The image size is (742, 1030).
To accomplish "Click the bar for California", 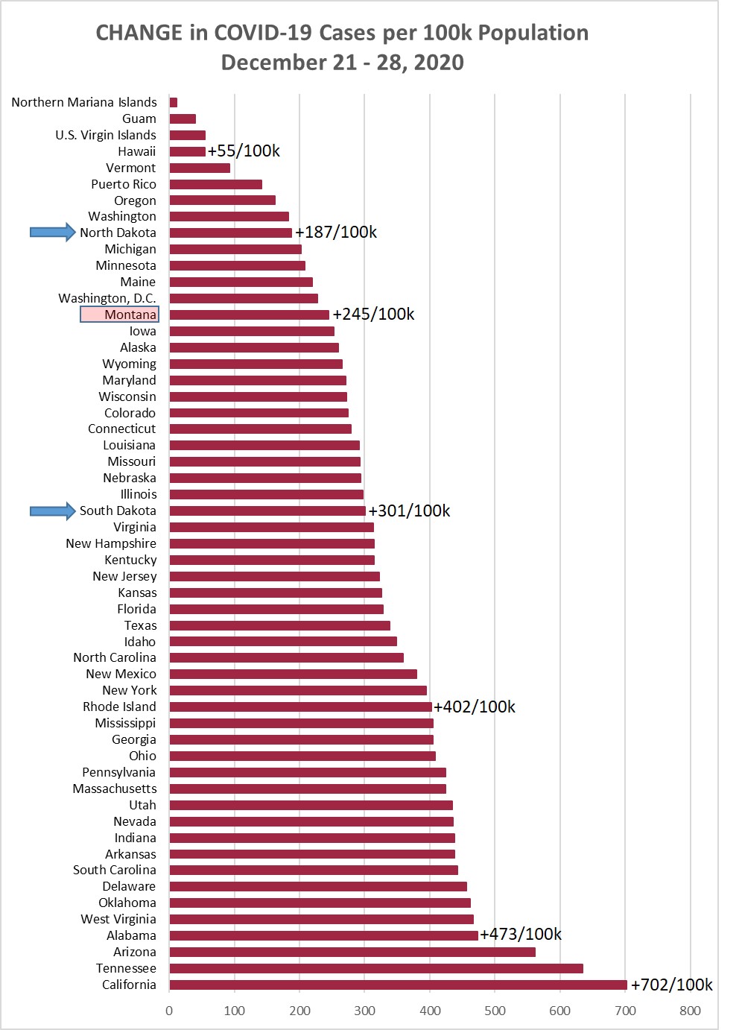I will pyautogui.click(x=398, y=985).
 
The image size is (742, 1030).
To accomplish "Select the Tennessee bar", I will pyautogui.click(x=376, y=968).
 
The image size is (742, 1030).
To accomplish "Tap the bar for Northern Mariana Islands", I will pyautogui.click(x=174, y=102).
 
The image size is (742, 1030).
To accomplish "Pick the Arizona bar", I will pyautogui.click(x=352, y=952).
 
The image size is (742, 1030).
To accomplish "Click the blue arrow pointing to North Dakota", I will pyautogui.click(x=52, y=233).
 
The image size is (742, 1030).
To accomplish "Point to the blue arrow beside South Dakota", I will pyautogui.click(x=52, y=511).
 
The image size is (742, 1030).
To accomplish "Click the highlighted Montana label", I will pyautogui.click(x=120, y=315).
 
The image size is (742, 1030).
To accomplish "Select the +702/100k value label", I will pyautogui.click(x=671, y=985).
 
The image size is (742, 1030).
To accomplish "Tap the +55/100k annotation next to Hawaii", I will pyautogui.click(x=244, y=151).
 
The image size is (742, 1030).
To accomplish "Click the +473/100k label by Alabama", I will pyautogui.click(x=521, y=935).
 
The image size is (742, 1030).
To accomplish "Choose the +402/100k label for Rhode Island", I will pyautogui.click(x=475, y=707).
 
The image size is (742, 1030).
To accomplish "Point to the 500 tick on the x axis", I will pyautogui.click(x=495, y=1011).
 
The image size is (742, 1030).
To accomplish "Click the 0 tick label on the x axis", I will pyautogui.click(x=169, y=1011).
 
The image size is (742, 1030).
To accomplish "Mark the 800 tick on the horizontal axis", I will pyautogui.click(x=690, y=1011).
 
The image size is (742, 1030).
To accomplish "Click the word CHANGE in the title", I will pyautogui.click(x=139, y=33).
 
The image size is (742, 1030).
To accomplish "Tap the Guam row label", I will pyautogui.click(x=139, y=119).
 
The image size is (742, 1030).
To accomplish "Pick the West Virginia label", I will pyautogui.click(x=118, y=919).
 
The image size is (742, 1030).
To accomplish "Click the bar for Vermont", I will pyautogui.click(x=200, y=168).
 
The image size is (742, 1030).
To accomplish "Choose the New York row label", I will pyautogui.click(x=130, y=690).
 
